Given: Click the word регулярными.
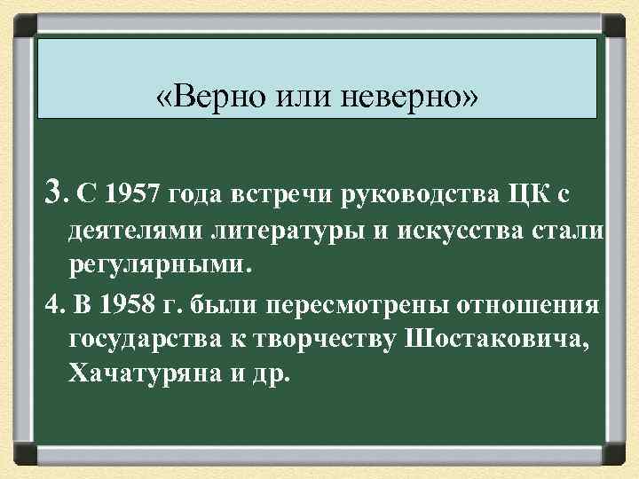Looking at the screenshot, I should tap(160, 265).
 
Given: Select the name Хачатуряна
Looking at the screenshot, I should tap(138, 376).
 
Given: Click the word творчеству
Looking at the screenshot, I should tap(319, 341).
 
